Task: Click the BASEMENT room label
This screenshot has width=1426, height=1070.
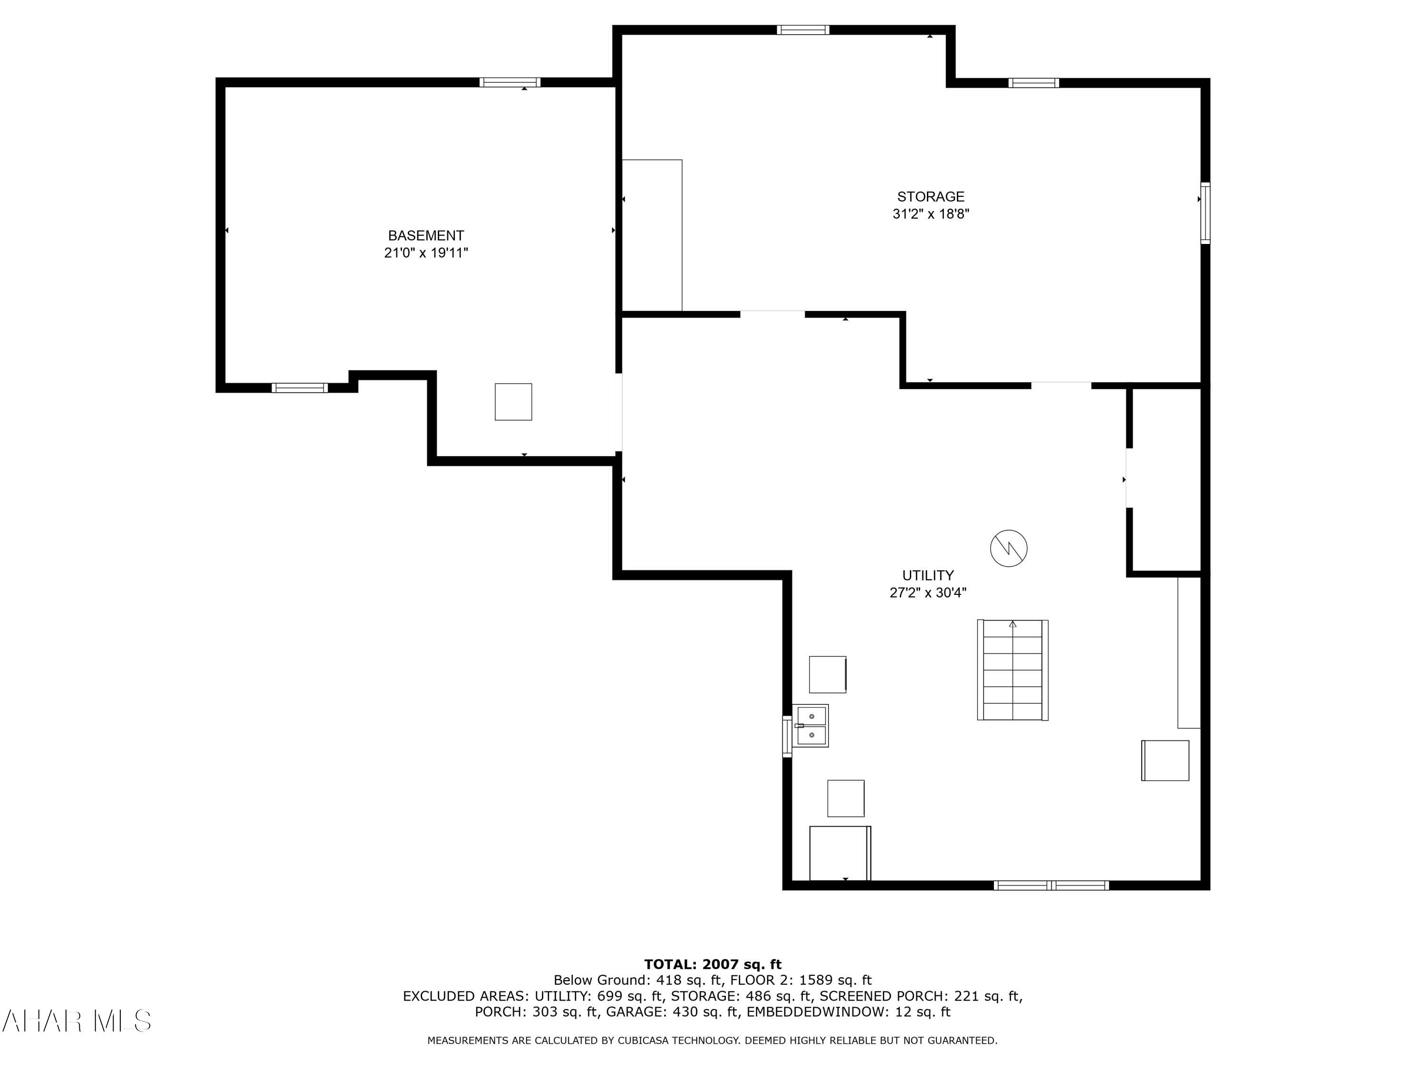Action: point(425,235)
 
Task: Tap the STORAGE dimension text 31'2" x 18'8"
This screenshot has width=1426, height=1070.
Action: point(930,214)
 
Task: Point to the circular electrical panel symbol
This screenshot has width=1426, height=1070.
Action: point(1008,549)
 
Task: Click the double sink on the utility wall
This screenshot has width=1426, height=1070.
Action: point(810,726)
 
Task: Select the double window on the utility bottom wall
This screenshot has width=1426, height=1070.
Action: point(1051,885)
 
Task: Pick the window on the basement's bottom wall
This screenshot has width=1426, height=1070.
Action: point(299,388)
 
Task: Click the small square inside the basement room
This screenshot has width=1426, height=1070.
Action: point(513,402)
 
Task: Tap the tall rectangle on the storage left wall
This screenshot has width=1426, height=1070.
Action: point(651,235)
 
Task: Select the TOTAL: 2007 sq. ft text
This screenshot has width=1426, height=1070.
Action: point(713,964)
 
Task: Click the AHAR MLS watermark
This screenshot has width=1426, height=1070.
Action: point(76,1021)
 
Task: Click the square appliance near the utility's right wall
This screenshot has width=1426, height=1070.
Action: point(1165,760)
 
